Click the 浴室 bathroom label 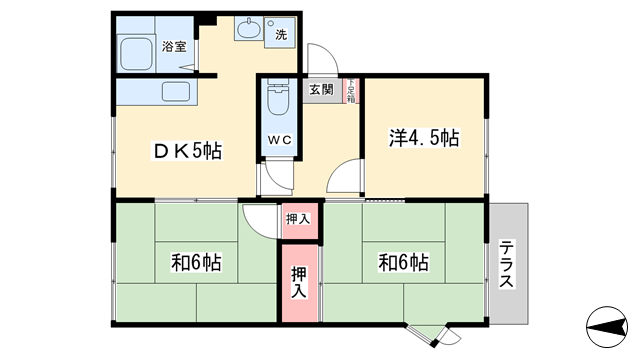(x=174, y=46)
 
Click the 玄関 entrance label (x=321, y=90)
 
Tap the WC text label (x=278, y=140)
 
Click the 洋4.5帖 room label (x=423, y=138)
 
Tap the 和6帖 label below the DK (x=196, y=264)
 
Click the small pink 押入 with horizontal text (x=297, y=218)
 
